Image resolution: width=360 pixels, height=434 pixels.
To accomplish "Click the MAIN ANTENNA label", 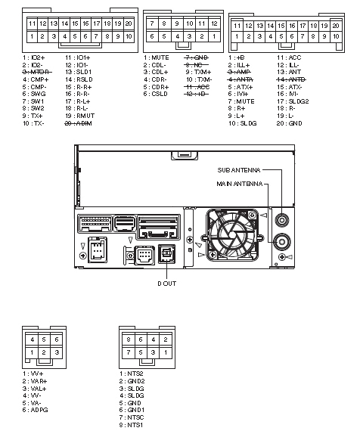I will [x=241, y=184].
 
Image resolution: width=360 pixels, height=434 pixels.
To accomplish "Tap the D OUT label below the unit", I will [x=168, y=283].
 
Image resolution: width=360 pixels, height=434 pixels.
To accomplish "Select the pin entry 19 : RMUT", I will [x=79, y=116].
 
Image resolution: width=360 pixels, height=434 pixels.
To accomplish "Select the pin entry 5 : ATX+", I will [x=242, y=86].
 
